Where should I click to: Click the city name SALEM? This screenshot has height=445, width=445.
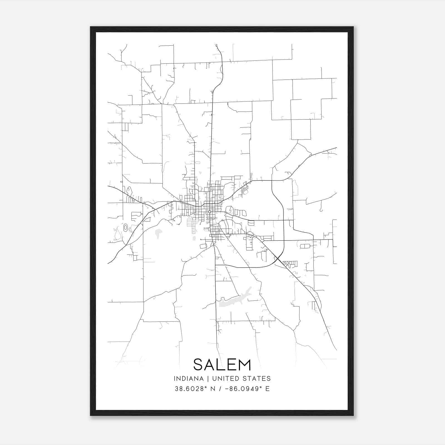tap(222, 365)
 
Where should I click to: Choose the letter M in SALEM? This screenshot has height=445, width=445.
tap(245, 365)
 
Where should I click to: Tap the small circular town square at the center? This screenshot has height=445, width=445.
tap(209, 212)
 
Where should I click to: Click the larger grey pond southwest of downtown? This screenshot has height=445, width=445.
tap(159, 233)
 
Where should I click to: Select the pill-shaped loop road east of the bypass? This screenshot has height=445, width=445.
tap(305, 246)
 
